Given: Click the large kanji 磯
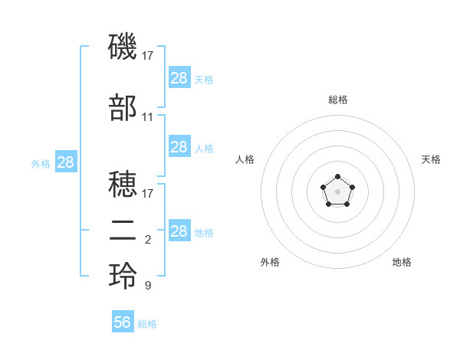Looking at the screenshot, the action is [123, 46].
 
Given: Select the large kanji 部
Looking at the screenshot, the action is [123, 107].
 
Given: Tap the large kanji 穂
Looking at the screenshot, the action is [123, 184].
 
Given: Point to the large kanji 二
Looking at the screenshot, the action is [123, 231].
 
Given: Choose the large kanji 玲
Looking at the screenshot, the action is [123, 276].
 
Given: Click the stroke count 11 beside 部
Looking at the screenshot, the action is [147, 117].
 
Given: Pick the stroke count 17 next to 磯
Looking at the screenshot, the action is [147, 56].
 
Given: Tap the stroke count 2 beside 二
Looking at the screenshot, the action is [148, 240].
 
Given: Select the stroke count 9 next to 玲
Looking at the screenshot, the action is [148, 285].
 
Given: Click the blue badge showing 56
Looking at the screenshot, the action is [123, 321].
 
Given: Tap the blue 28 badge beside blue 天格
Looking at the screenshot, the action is [179, 77].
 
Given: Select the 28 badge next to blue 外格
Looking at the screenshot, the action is [66, 162].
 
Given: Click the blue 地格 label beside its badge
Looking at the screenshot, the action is [204, 233].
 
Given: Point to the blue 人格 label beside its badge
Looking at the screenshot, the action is [204, 149].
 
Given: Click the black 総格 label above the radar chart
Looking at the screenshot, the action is [338, 100].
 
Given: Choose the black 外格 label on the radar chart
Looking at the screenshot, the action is [270, 262].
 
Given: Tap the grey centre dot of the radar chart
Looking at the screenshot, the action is [337, 191].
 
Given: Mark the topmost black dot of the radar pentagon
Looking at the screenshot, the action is [337, 177].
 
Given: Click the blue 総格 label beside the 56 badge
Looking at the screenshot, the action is [147, 324].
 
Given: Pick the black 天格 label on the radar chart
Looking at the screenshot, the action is [431, 159].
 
